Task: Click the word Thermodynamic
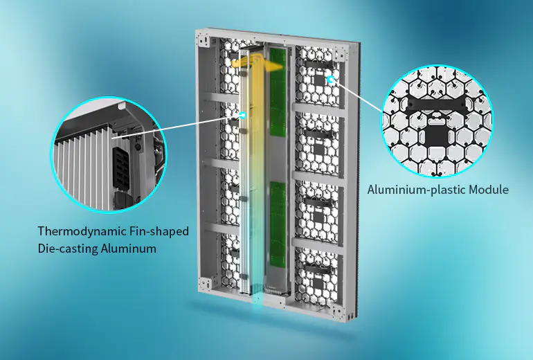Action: pyautogui.click(x=82, y=231)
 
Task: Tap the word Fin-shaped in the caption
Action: pyautogui.click(x=159, y=231)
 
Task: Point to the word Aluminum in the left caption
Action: pyautogui.click(x=129, y=249)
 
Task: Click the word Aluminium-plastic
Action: pyautogui.click(x=416, y=190)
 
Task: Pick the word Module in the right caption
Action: pyautogui.click(x=489, y=190)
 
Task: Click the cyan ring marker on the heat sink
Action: pyautogui.click(x=243, y=115)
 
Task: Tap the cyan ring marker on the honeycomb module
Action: pyautogui.click(x=330, y=79)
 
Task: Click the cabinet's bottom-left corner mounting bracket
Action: pyautogui.click(x=206, y=283)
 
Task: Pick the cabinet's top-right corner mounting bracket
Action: pyautogui.click(x=338, y=54)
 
